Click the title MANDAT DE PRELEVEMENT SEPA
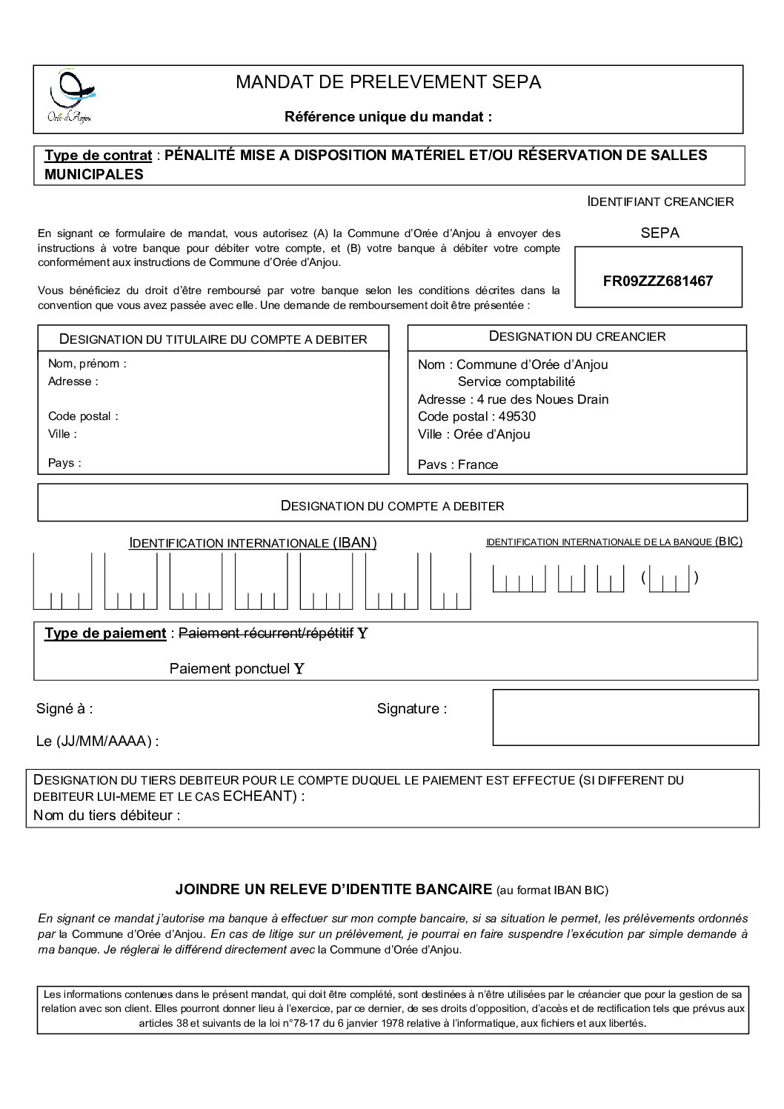pyautogui.click(x=388, y=82)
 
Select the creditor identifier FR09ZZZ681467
pyautogui.click(x=658, y=282)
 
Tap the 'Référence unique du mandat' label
pyautogui.click(x=388, y=116)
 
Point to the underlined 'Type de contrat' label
pyautogui.click(x=98, y=156)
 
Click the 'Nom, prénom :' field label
pyautogui.click(x=87, y=364)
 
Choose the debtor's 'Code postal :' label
pyautogui.click(x=83, y=416)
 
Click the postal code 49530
pyautogui.click(x=518, y=416)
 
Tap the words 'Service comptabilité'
pyautogui.click(x=516, y=382)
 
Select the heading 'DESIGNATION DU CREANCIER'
pyautogui.click(x=577, y=336)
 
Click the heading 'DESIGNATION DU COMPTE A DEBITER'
pyautogui.click(x=392, y=506)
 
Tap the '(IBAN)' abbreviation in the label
pyautogui.click(x=354, y=543)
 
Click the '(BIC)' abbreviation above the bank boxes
pyautogui.click(x=728, y=542)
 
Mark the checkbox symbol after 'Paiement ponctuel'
pyautogui.click(x=299, y=669)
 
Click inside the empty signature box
pyautogui.click(x=625, y=717)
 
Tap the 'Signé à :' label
pyautogui.click(x=64, y=709)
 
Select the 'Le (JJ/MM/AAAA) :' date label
pyautogui.click(x=97, y=741)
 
